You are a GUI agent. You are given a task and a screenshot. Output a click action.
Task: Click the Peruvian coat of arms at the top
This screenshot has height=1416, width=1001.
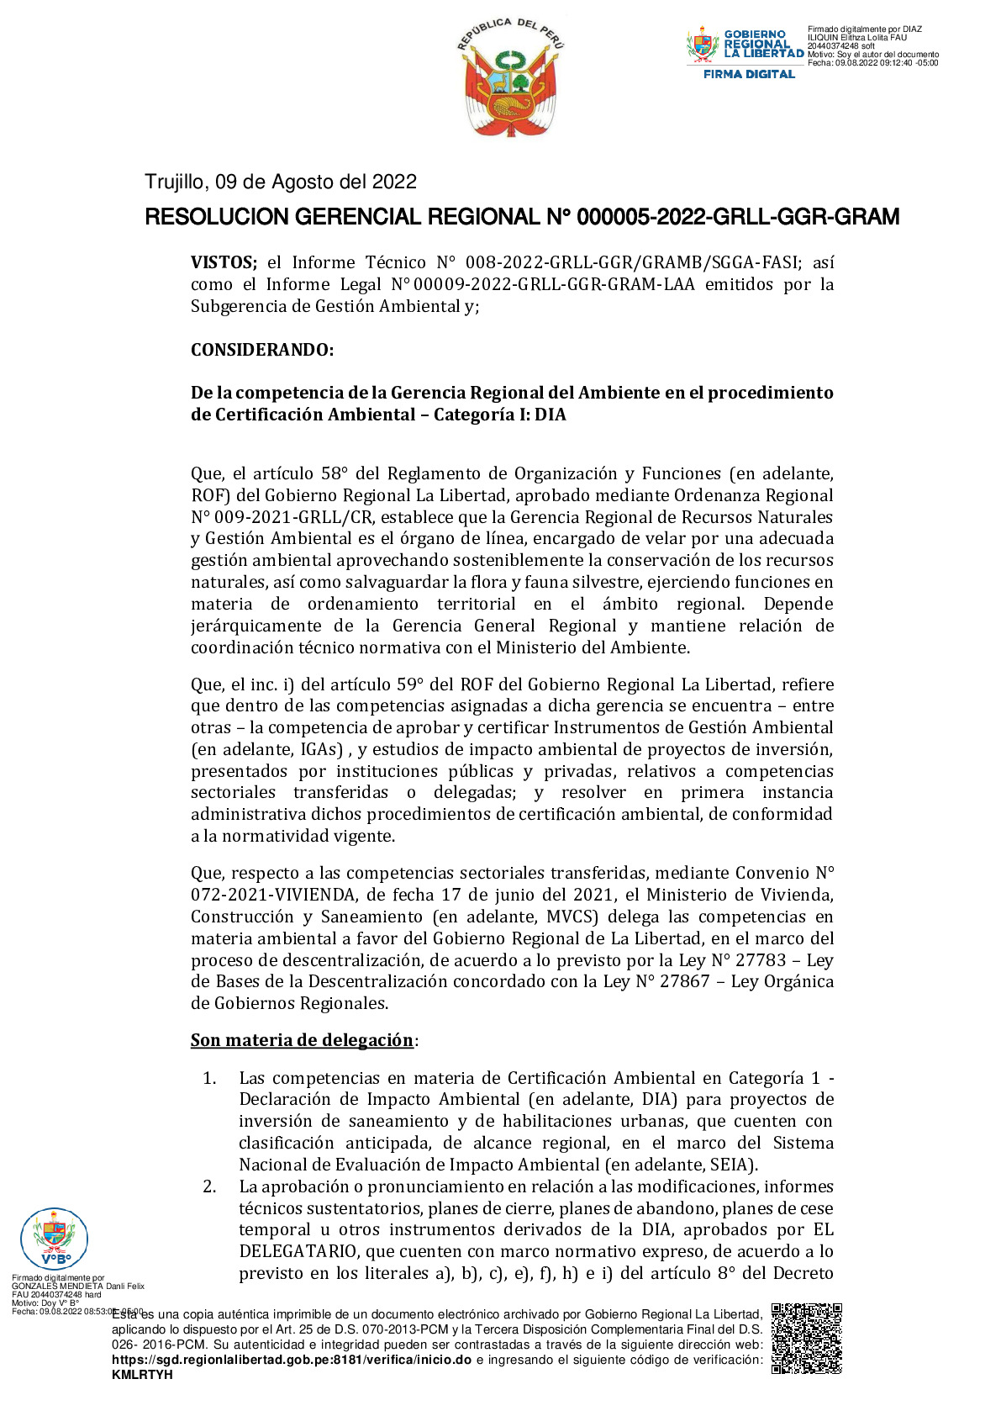[511, 77]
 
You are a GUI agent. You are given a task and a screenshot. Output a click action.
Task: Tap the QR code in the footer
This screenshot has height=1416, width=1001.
[806, 1338]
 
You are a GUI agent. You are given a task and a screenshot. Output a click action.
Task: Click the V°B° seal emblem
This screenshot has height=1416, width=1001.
[54, 1239]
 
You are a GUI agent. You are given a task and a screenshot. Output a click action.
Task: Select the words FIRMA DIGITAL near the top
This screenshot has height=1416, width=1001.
[749, 74]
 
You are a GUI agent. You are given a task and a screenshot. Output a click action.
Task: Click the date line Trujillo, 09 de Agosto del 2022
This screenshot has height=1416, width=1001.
[281, 182]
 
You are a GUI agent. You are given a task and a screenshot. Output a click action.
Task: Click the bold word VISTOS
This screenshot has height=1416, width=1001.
[223, 262]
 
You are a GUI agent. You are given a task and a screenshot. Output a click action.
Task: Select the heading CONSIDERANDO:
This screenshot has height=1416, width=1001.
[262, 350]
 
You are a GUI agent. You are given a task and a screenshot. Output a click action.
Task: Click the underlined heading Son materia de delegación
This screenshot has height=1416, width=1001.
[302, 1040]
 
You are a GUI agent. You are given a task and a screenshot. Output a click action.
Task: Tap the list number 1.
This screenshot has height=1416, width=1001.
[209, 1078]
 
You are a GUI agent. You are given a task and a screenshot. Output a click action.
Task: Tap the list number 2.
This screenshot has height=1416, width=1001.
[209, 1186]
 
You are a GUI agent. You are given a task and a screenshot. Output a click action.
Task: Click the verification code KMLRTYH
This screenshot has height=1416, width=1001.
[142, 1375]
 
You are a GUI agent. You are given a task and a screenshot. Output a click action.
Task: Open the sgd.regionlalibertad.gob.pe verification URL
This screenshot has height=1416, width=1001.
[291, 1360]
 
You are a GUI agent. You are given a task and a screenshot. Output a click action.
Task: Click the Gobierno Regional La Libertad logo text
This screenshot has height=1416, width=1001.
[763, 44]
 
